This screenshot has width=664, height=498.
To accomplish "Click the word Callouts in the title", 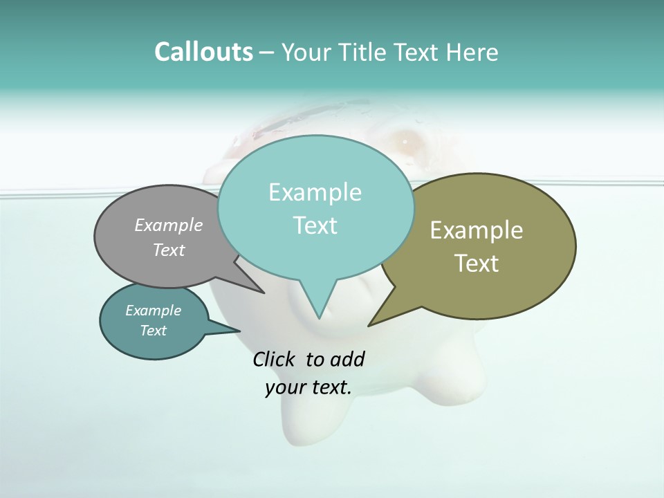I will pos(203,53).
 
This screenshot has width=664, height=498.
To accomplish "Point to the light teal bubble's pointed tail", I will pos(319,304).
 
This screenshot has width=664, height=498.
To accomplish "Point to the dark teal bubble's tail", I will pos(228,331).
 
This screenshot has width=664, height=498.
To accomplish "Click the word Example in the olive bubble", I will pos(477,230).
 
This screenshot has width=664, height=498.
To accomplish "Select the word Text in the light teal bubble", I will pos(315,225).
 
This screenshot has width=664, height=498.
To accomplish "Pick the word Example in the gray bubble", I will pos(169,225).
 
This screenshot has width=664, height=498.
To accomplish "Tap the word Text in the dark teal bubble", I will pos(153,331).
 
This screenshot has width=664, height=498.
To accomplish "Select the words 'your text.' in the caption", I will pos(308,387).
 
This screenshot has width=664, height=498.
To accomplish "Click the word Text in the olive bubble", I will pos(477,264).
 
